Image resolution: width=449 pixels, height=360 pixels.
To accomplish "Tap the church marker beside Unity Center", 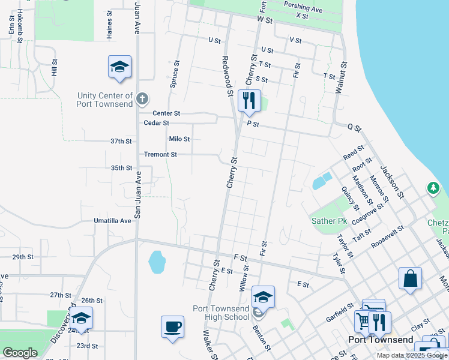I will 142,98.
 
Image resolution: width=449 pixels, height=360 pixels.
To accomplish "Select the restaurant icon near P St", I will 249,100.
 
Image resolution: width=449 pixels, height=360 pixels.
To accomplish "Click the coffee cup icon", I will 172,327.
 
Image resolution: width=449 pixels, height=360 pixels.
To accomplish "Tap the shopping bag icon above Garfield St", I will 410,278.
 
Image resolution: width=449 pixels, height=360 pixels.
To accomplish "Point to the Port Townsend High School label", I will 221,313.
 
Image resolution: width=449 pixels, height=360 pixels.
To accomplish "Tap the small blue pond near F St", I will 157,262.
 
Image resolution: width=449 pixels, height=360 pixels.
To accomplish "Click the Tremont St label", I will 160,154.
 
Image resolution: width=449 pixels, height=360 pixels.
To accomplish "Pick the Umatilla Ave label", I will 112,221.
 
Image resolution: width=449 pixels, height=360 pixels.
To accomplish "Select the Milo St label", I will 179,139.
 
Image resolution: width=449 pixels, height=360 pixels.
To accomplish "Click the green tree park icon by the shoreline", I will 433,188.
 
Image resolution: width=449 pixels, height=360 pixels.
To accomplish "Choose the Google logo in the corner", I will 20,352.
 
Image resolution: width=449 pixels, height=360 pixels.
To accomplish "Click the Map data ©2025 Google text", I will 411,355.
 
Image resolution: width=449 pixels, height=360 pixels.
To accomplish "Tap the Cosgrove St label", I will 367,213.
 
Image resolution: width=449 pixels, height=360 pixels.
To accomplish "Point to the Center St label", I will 166,113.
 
